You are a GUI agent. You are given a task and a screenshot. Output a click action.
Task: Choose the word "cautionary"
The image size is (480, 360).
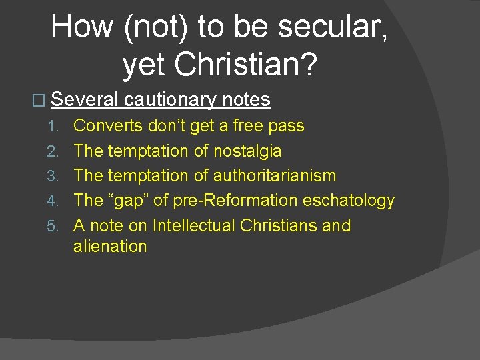click(x=170, y=100)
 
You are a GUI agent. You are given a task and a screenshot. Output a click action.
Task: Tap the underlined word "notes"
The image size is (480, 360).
click(x=246, y=100)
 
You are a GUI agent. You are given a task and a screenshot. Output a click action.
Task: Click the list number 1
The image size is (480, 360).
click(x=58, y=127)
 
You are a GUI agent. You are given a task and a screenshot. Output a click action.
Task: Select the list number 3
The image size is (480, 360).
click(x=58, y=177)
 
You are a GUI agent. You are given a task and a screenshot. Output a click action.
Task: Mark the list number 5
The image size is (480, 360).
click(x=58, y=227)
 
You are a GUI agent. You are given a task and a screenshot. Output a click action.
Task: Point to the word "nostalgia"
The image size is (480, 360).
click(x=247, y=151)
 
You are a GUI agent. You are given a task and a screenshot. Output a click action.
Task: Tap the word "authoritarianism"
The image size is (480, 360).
click(x=275, y=176)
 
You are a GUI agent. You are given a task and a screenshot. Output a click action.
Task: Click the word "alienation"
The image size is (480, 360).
click(x=110, y=247)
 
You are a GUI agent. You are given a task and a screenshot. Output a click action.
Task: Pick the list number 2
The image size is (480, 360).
click(x=58, y=152)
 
